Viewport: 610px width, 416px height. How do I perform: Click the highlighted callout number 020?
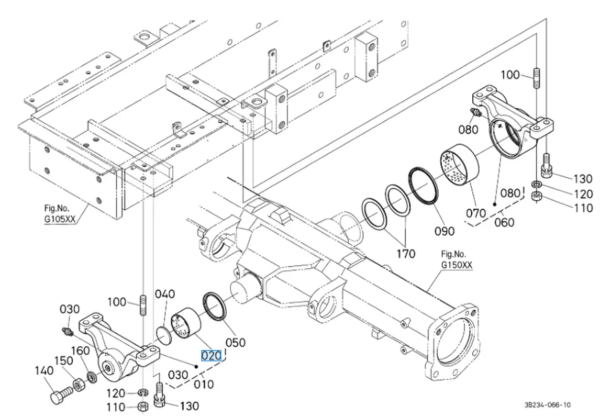211,355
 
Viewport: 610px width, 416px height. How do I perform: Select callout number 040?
165,294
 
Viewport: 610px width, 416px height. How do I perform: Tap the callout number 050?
235,342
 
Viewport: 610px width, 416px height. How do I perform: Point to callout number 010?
204,384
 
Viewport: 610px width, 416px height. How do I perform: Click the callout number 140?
44,371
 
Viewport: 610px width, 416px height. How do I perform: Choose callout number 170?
406,254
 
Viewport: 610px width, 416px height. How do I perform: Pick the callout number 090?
444,231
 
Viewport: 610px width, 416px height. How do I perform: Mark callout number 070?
476,213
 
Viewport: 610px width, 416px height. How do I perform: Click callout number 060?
504,223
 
